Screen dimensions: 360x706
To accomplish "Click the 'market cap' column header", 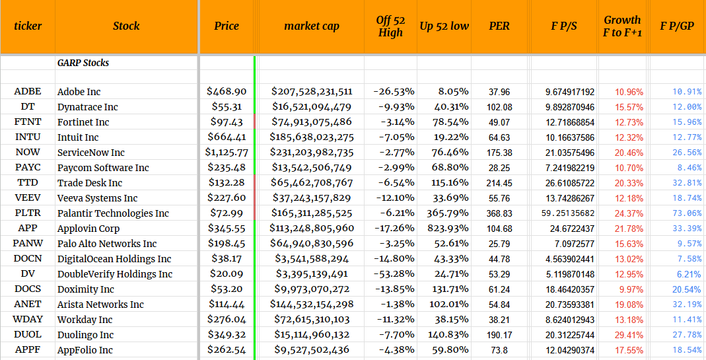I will pyautogui.click(x=311, y=26).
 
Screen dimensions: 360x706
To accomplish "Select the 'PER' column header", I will pyautogui.click(x=499, y=26).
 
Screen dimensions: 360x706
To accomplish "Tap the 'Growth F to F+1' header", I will pyautogui.click(x=622, y=26).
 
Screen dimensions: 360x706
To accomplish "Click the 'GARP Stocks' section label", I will pyautogui.click(x=83, y=63).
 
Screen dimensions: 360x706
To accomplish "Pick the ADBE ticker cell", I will pyautogui.click(x=28, y=92).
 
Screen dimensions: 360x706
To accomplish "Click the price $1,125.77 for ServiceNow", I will pyautogui.click(x=227, y=153).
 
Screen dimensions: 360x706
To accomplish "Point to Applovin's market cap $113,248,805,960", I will pyautogui.click(x=312, y=229).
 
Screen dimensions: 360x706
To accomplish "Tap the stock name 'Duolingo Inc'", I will pyautogui.click(x=85, y=335).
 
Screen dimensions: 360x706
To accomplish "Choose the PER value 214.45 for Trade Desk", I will pyautogui.click(x=499, y=183).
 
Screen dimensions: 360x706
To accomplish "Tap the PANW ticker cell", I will pyautogui.click(x=28, y=244).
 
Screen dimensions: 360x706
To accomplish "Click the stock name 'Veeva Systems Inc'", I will pyautogui.click(x=97, y=198).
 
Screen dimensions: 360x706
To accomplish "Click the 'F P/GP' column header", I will pyautogui.click(x=677, y=26).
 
